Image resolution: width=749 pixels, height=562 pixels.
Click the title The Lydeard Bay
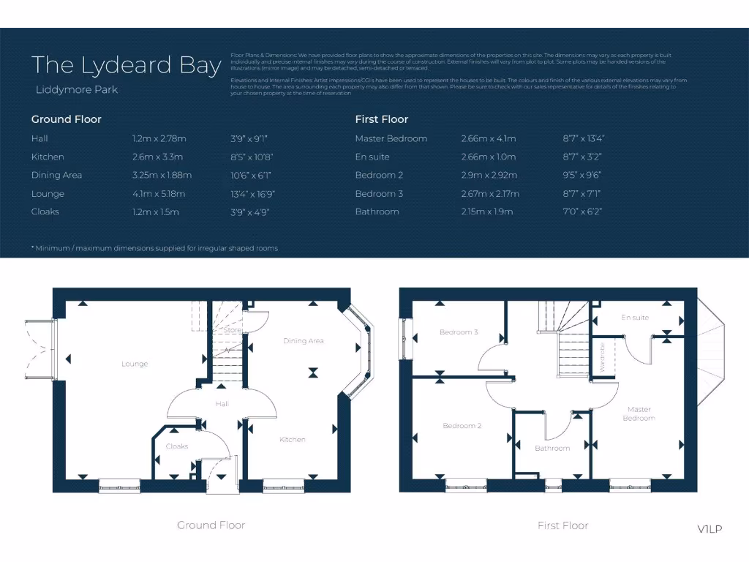tap(126, 65)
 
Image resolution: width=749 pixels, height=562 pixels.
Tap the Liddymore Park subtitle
tap(76, 90)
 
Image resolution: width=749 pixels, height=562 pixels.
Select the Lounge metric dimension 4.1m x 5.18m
tap(159, 194)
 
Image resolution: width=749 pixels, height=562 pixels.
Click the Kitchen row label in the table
tap(48, 157)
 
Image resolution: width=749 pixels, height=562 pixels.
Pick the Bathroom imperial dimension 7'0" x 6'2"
tap(584, 211)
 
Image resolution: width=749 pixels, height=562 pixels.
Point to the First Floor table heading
tap(381, 119)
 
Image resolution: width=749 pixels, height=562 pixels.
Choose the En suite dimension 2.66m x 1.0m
tap(488, 157)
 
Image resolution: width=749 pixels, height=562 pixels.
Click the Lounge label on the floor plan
tap(135, 364)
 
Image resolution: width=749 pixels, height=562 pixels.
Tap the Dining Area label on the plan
tap(304, 341)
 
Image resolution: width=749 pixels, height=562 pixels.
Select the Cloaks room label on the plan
tap(177, 446)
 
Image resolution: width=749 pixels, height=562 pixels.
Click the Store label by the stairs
tap(233, 331)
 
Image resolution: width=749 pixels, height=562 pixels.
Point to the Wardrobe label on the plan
tap(602, 357)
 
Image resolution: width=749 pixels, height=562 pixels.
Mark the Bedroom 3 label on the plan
tap(459, 332)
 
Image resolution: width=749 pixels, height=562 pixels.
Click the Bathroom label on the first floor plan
tap(552, 448)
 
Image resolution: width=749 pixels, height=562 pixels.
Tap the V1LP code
tap(710, 528)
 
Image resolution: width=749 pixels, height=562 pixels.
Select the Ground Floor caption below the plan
tap(211, 525)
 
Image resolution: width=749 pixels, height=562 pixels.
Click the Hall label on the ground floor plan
tap(222, 404)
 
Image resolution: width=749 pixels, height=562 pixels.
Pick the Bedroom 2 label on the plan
tap(462, 426)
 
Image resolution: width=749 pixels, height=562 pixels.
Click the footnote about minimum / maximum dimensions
tap(154, 248)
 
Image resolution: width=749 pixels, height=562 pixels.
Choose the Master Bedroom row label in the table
tap(391, 138)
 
